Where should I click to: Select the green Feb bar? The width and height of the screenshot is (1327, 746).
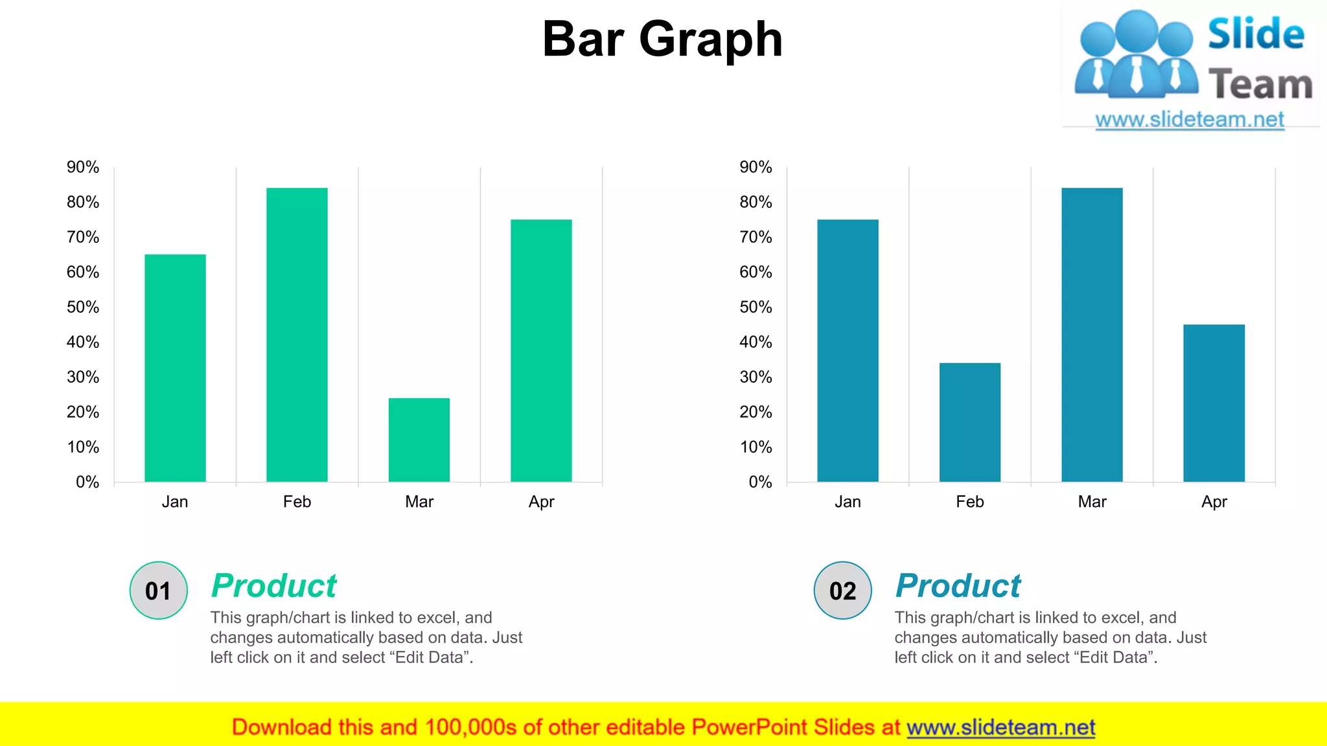click(x=297, y=334)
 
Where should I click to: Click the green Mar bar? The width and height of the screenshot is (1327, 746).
click(x=419, y=440)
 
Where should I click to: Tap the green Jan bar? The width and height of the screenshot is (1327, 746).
click(x=175, y=368)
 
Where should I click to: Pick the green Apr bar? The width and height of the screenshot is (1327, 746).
click(x=541, y=350)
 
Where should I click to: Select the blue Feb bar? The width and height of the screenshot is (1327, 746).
click(x=969, y=422)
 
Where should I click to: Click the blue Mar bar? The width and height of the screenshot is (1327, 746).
click(x=1092, y=334)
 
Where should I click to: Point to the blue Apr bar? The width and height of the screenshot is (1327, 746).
click(x=1214, y=403)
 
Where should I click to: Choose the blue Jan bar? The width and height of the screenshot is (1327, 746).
click(x=848, y=350)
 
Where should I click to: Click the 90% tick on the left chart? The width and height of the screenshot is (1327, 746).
click(x=83, y=167)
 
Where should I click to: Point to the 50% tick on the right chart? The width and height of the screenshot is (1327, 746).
click(x=756, y=307)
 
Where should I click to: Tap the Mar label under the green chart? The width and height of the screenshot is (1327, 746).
click(x=419, y=502)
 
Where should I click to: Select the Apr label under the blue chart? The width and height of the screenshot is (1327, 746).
click(x=1214, y=502)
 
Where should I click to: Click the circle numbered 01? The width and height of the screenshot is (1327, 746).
click(x=159, y=591)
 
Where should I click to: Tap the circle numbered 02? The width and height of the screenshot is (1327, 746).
click(x=842, y=591)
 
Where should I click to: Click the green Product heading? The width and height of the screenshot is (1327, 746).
click(x=274, y=586)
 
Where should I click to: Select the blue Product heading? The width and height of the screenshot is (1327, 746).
click(x=958, y=586)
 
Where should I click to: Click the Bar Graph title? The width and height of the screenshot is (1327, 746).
click(x=662, y=39)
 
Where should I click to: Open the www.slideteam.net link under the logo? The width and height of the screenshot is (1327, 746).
click(x=1190, y=120)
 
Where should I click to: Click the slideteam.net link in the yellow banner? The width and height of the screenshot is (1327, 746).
click(x=1000, y=728)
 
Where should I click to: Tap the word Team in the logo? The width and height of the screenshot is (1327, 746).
click(x=1260, y=85)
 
